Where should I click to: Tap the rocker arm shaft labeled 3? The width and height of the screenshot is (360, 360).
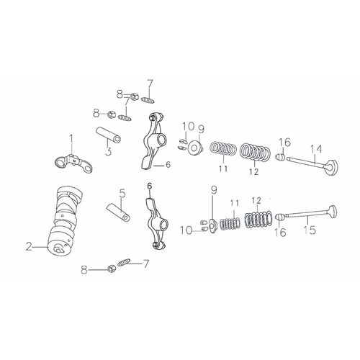click(108, 135)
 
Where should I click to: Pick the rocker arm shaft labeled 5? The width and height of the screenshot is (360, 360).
click(118, 212)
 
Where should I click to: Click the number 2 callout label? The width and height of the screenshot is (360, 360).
click(29, 246)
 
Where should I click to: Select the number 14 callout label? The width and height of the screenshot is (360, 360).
click(316, 149)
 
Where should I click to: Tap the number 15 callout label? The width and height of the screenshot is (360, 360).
click(310, 230)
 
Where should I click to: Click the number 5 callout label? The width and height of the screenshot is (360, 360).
click(122, 194)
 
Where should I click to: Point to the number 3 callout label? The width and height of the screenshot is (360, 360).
click(108, 151)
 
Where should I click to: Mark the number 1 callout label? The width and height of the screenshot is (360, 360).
click(71, 139)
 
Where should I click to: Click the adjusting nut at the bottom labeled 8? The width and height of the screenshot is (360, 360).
click(111, 269)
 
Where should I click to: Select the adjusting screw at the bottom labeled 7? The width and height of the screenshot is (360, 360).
click(124, 262)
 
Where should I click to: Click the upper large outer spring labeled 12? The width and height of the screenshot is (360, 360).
click(256, 152)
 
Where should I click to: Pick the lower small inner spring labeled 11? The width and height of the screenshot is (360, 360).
click(230, 223)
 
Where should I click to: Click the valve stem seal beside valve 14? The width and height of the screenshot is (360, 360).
click(280, 157)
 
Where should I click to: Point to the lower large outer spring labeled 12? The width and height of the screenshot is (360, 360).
click(258, 219)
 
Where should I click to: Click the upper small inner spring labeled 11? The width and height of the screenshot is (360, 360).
click(223, 149)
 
